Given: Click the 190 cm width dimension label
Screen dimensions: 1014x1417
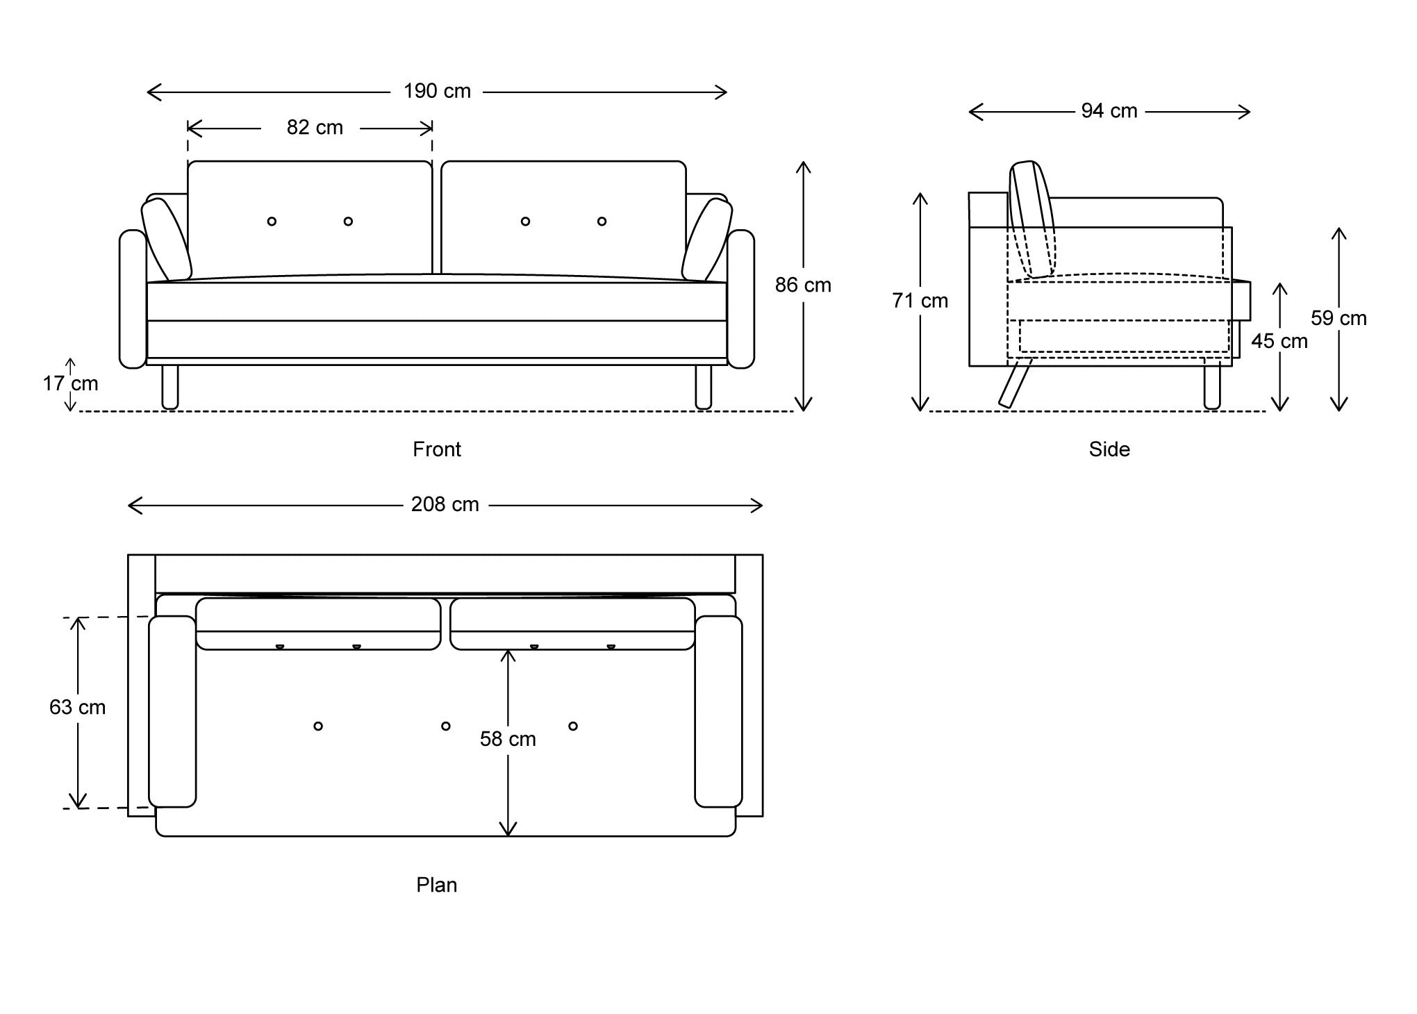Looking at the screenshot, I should click(437, 91).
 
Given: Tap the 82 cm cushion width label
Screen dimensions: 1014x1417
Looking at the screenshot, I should click(315, 128).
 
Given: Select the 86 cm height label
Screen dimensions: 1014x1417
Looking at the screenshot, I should click(803, 285).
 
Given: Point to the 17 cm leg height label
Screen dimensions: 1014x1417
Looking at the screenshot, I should click(70, 383).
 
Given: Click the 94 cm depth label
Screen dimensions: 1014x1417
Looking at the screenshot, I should click(1109, 111).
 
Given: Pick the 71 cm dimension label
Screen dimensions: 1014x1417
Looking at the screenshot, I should click(920, 301).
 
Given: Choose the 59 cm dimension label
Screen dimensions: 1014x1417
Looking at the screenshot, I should click(1338, 318).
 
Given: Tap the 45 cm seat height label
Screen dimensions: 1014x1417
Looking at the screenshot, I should click(1279, 341).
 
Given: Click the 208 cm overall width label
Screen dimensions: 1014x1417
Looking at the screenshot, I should click(445, 504).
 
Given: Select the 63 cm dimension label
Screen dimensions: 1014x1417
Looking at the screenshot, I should click(77, 707).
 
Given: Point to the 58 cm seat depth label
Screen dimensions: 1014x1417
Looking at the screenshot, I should click(508, 739).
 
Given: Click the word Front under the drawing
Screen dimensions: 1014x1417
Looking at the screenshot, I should click(436, 449).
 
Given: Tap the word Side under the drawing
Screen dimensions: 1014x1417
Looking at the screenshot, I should click(1109, 449).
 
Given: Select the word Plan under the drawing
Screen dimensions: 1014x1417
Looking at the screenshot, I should click(436, 885).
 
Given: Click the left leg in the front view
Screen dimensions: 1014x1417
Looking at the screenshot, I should click(169, 387).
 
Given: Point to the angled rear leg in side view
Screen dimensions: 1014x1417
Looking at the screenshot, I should click(1015, 383).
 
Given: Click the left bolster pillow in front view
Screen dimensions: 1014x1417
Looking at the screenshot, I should click(166, 239).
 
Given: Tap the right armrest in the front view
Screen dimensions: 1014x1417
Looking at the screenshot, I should click(741, 299).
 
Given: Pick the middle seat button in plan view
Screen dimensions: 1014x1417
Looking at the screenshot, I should click(445, 726).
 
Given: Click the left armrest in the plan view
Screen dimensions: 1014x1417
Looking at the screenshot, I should click(172, 711).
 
